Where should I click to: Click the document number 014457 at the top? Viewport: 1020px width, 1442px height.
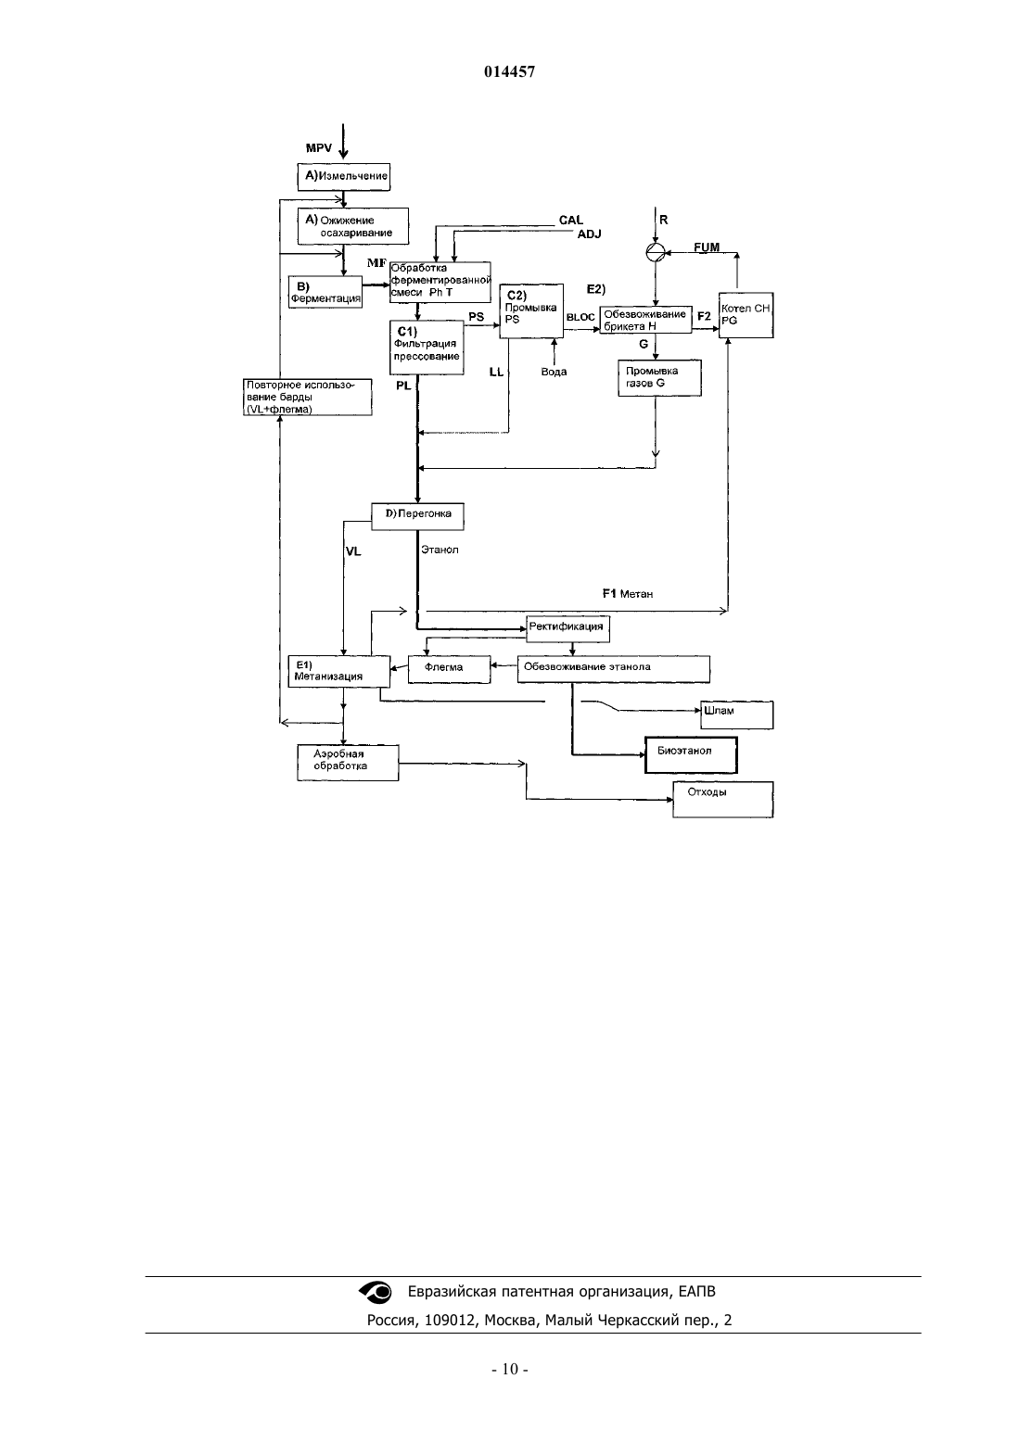click(x=509, y=71)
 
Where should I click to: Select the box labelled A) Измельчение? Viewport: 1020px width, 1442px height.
click(x=344, y=176)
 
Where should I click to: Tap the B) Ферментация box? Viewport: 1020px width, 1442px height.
click(x=325, y=292)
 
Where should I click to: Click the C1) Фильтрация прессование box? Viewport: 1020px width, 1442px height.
click(x=427, y=347)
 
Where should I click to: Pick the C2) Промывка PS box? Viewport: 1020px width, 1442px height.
click(x=531, y=311)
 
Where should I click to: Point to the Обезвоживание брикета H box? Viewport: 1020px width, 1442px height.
click(x=646, y=320)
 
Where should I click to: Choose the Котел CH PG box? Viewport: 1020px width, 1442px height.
click(x=746, y=315)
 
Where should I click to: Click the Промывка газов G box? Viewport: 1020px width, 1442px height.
click(x=659, y=378)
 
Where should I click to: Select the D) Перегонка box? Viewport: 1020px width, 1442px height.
click(x=417, y=516)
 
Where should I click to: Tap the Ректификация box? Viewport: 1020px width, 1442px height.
click(x=567, y=629)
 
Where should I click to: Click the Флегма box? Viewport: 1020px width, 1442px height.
click(x=449, y=669)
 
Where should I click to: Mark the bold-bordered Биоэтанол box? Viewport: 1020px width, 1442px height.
click(x=691, y=754)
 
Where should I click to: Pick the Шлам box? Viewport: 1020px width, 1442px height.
click(x=736, y=715)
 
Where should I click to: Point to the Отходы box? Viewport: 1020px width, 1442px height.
click(x=722, y=800)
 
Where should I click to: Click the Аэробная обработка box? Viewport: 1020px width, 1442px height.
click(x=348, y=763)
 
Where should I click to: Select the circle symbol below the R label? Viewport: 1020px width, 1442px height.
click(x=655, y=252)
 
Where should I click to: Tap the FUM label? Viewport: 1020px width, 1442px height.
click(x=707, y=247)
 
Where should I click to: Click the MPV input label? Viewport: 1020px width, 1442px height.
click(x=319, y=148)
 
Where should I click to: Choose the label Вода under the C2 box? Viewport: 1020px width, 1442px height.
click(x=554, y=373)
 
